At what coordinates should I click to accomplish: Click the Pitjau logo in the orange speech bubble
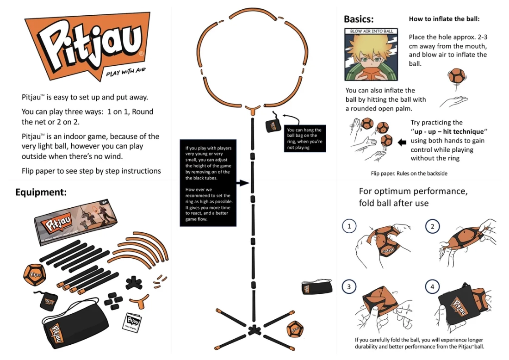pos(87,45)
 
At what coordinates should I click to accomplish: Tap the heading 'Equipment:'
pos(41,192)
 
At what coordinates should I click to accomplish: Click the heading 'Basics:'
pos(359,19)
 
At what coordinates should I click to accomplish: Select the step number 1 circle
pos(349,226)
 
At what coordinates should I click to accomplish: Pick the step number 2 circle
pos(432,227)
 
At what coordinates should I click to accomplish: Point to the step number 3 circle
pos(349,286)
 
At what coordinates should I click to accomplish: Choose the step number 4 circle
pos(432,286)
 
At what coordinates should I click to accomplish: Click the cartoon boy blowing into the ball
pos(371,55)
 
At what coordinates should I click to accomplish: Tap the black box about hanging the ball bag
pos(304,139)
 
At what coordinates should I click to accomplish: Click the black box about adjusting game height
pos(208,183)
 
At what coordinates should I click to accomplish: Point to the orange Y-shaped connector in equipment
pos(140,302)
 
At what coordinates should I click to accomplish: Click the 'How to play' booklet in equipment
pos(132,323)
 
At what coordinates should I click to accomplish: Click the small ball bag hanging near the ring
pos(273,124)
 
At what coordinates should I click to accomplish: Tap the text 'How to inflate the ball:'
pos(444,19)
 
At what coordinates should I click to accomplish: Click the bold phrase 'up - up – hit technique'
pos(449,131)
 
